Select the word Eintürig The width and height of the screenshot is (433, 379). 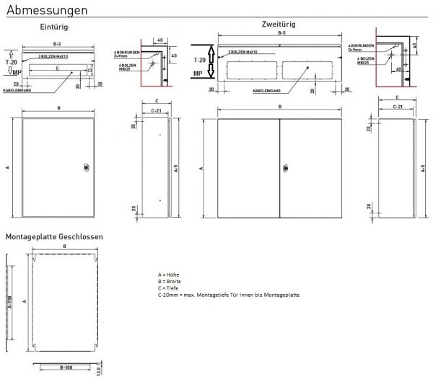coord(54,27)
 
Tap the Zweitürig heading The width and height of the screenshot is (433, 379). coord(277,24)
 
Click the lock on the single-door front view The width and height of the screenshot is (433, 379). coord(85,168)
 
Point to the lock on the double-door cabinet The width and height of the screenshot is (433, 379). coord(284,169)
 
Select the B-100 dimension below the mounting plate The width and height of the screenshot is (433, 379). coord(64,366)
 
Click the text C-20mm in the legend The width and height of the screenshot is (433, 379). coord(167,295)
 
